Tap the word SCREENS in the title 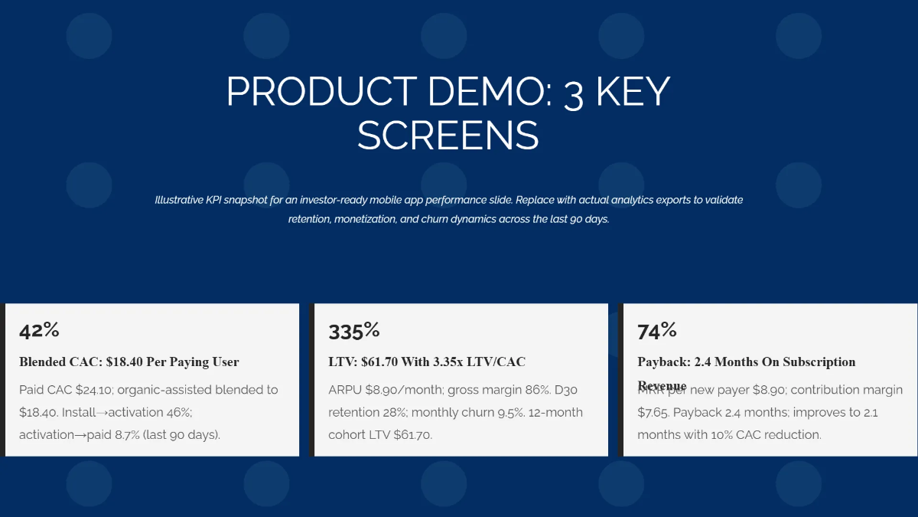(448, 136)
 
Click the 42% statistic (39, 330)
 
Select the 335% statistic (354, 331)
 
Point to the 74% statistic (657, 330)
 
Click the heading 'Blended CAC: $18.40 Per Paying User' (129, 362)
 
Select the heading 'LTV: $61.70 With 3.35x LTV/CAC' (427, 362)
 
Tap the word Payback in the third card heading (662, 362)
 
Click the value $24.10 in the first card (93, 390)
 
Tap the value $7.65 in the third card (653, 412)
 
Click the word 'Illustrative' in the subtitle (179, 200)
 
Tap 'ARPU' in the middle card (345, 390)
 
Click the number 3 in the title (573, 93)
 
